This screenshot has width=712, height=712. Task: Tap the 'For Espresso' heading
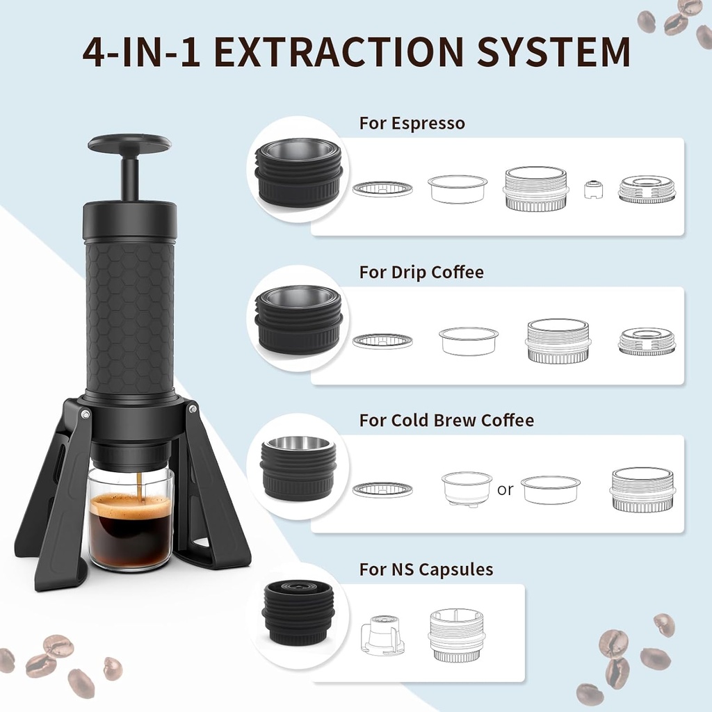pyautogui.click(x=412, y=124)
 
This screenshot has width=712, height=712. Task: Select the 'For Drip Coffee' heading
pyautogui.click(x=421, y=272)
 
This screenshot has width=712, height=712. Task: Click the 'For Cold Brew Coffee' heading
pyautogui.click(x=446, y=421)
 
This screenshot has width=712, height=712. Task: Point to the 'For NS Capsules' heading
pyautogui.click(x=426, y=569)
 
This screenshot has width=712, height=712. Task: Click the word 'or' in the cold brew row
pyautogui.click(x=505, y=489)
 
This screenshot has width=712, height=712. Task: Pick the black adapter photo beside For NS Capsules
pyautogui.click(x=298, y=613)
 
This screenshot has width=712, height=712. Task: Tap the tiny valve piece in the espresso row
pyautogui.click(x=592, y=189)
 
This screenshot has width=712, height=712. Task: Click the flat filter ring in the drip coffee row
pyautogui.click(x=382, y=341)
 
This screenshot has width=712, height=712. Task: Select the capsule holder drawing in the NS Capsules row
pyautogui.click(x=382, y=635)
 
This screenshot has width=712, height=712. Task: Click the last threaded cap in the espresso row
pyautogui.click(x=647, y=189)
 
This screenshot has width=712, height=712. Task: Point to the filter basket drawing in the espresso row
pyautogui.click(x=457, y=188)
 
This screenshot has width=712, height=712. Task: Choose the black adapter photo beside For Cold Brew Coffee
pyautogui.click(x=298, y=467)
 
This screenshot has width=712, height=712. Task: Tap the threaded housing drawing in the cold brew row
pyautogui.click(x=642, y=489)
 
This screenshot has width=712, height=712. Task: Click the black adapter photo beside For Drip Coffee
pyautogui.click(x=298, y=318)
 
